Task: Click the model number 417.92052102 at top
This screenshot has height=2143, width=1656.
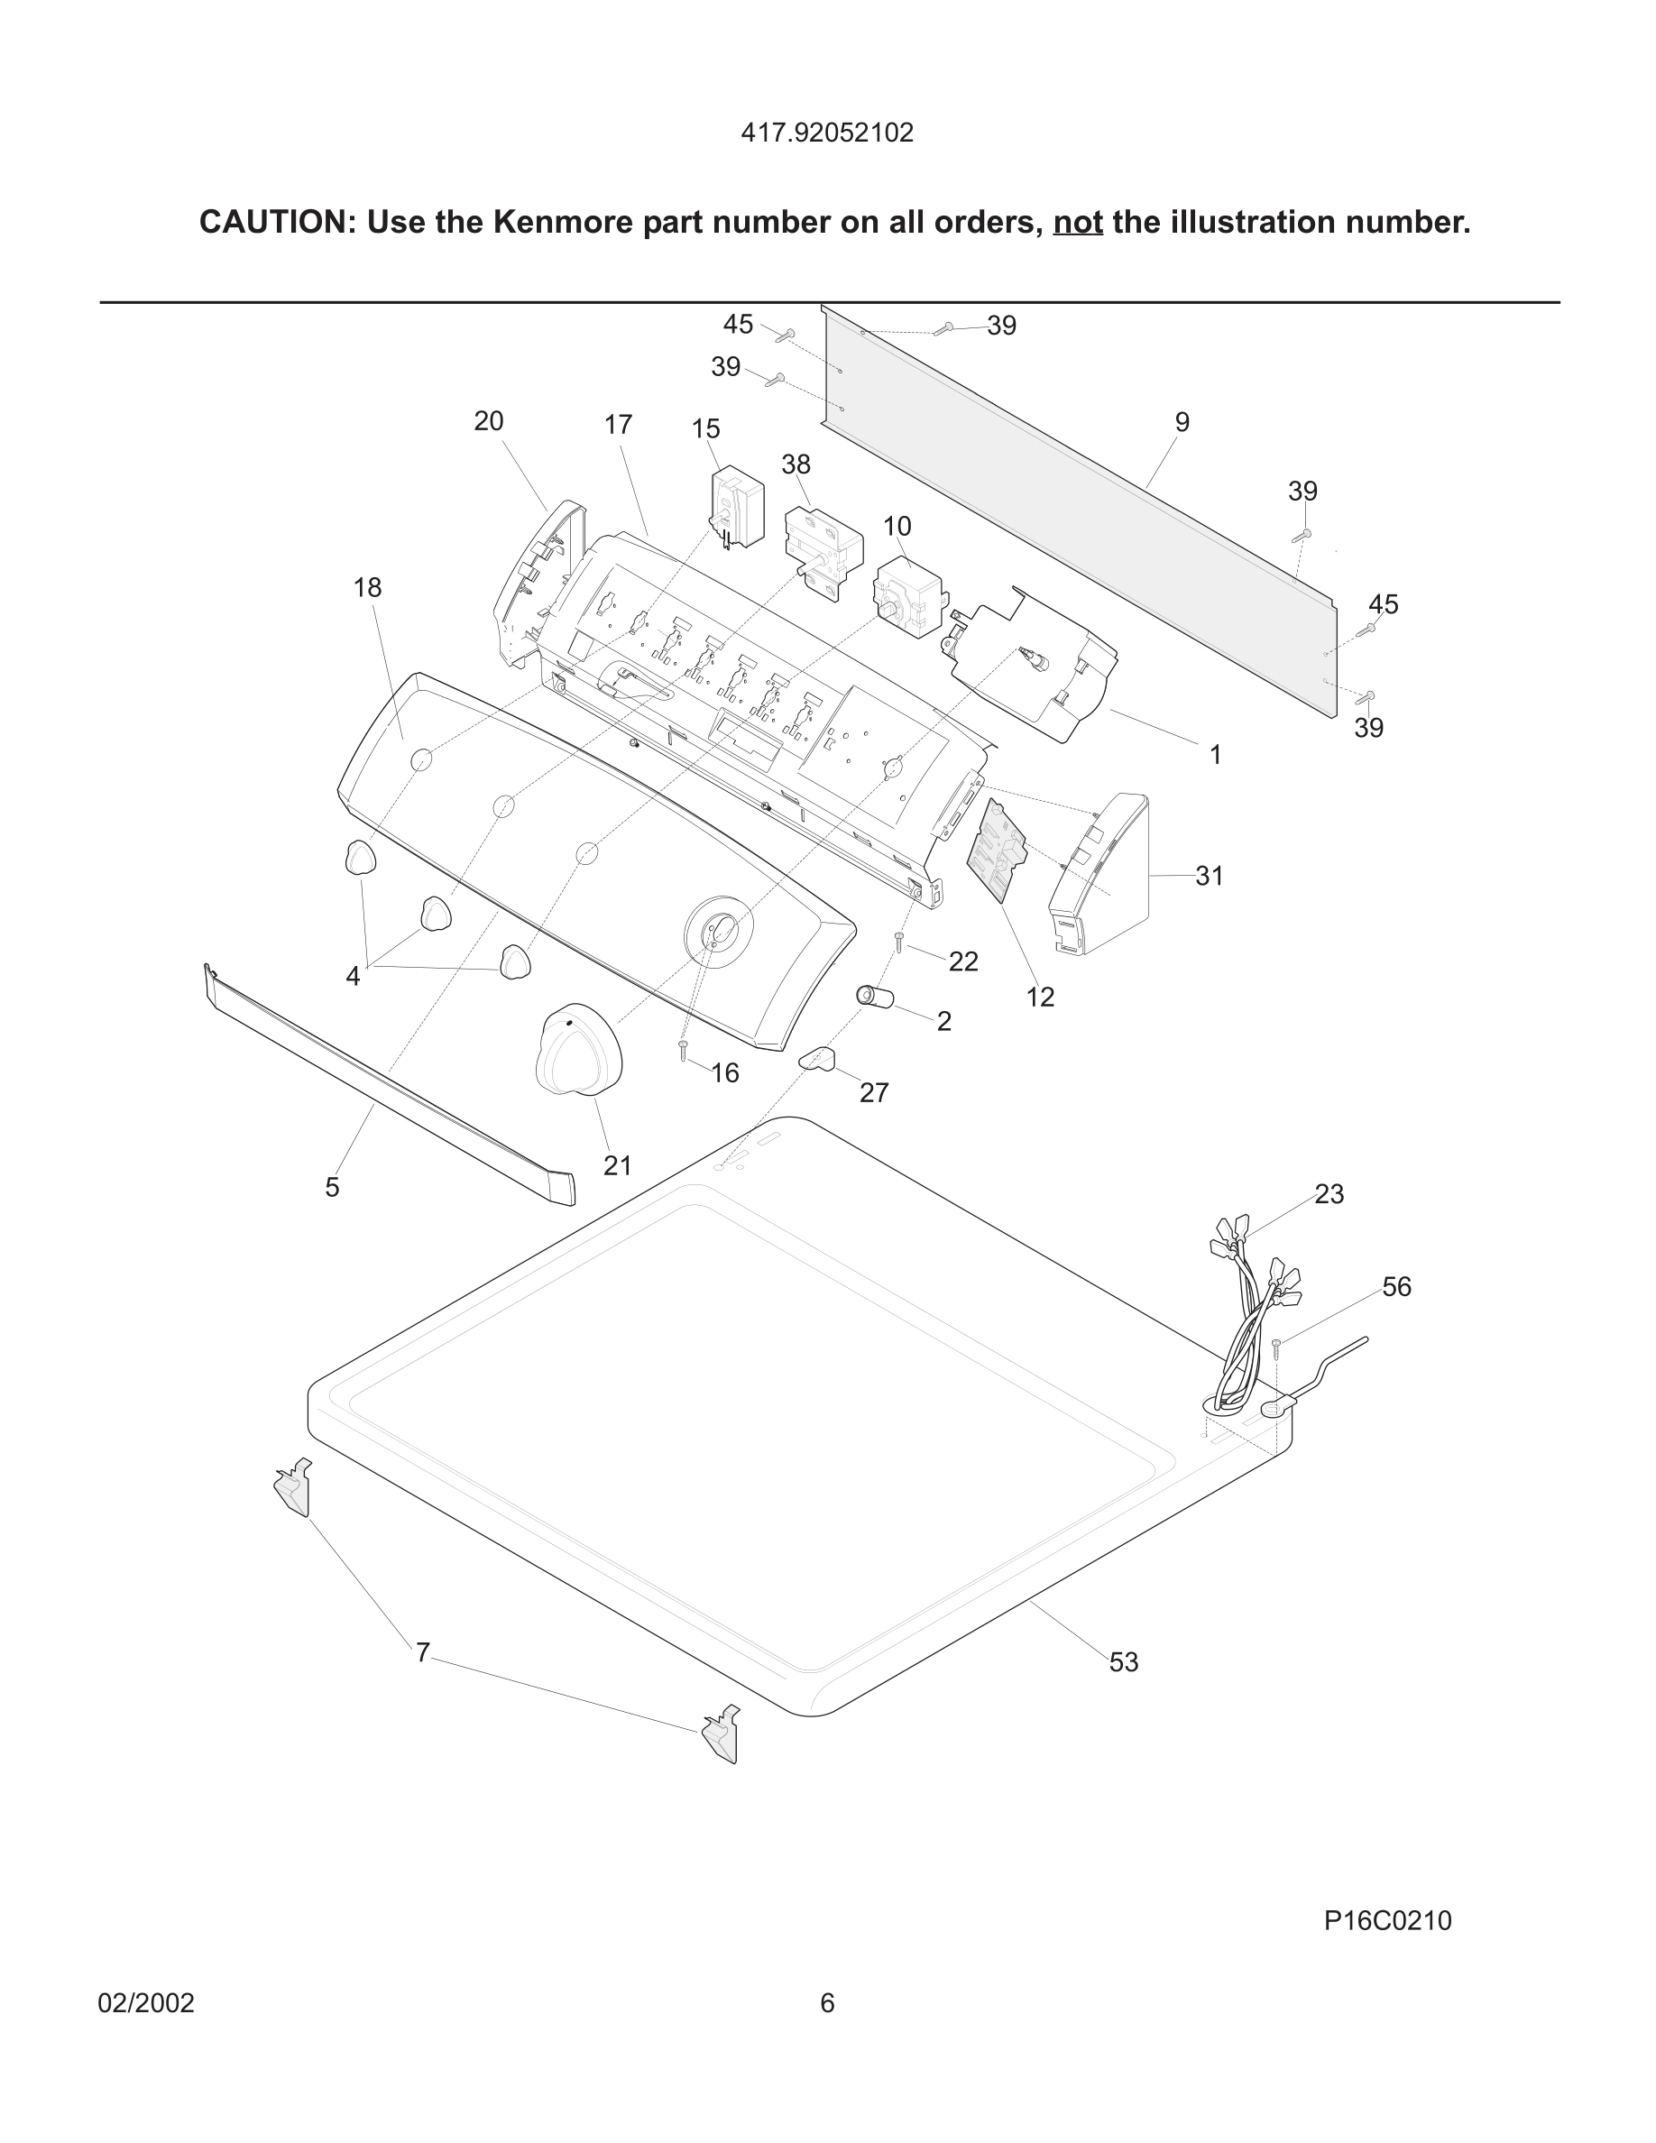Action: [x=827, y=133]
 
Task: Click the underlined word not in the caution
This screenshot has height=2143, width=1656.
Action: [x=1077, y=223]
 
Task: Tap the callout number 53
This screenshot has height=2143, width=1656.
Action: [x=1123, y=1662]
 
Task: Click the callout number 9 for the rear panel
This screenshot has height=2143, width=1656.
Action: [x=1182, y=422]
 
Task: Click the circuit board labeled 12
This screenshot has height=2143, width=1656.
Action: [x=997, y=850]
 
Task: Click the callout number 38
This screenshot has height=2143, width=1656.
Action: [x=796, y=464]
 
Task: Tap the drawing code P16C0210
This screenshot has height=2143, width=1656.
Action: [x=1387, y=1920]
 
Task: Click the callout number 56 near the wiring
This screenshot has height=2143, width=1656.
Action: [x=1396, y=1286]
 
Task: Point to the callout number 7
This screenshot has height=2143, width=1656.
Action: [x=423, y=1653]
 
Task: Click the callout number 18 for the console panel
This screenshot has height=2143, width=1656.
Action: [x=367, y=588]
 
